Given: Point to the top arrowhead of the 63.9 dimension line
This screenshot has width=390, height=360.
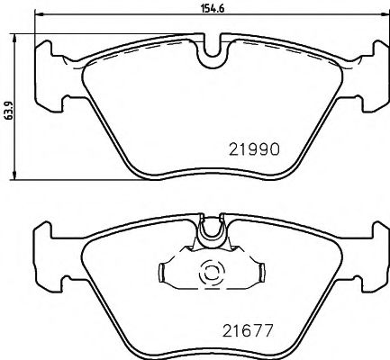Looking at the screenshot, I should tap(19, 39).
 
